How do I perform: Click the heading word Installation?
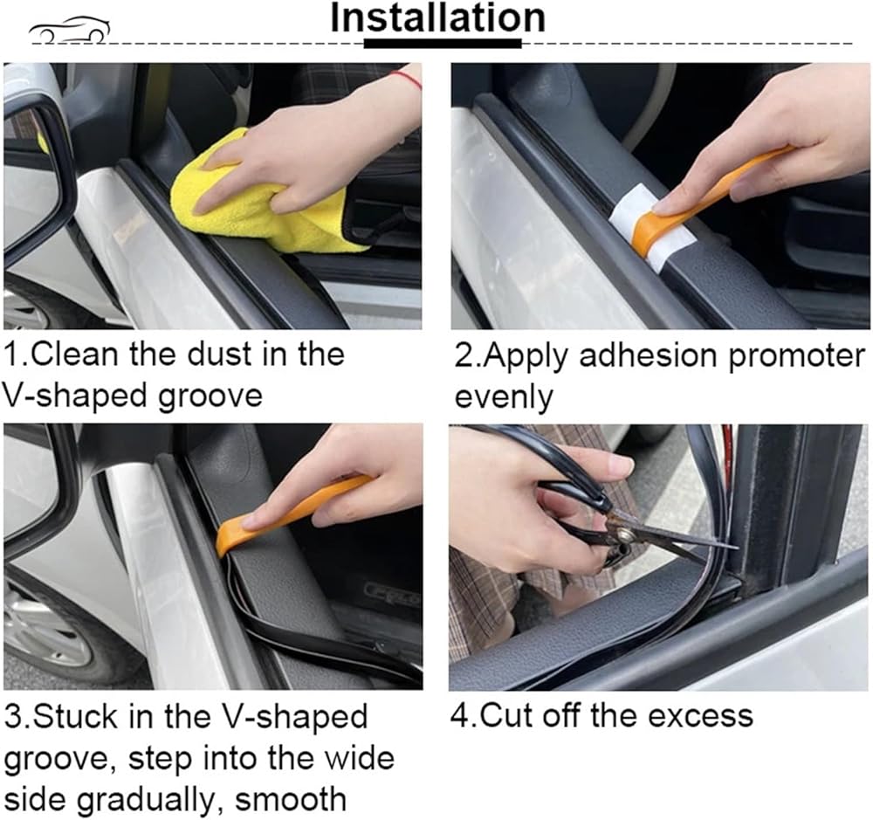click(x=437, y=19)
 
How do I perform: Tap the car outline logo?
click(x=69, y=30)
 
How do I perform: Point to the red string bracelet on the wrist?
click(x=405, y=79)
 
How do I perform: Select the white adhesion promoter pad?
click(x=651, y=229)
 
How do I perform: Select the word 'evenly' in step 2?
click(x=504, y=397)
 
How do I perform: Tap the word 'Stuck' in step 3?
click(x=74, y=716)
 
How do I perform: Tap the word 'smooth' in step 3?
click(x=290, y=799)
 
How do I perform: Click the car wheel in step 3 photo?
click(x=42, y=632)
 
